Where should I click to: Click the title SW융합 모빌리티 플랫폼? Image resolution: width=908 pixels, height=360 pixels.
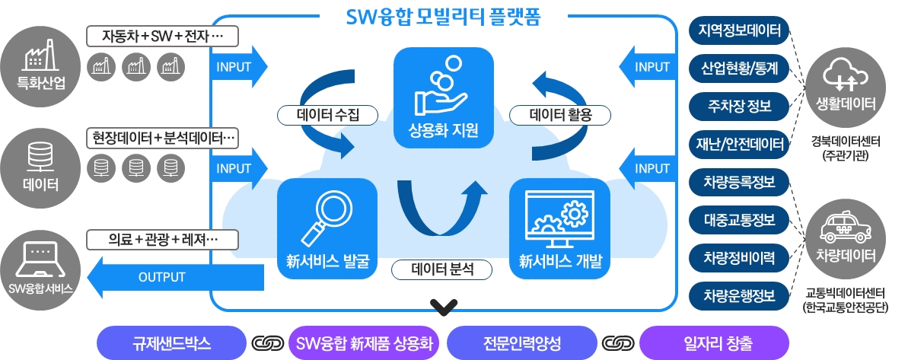(443, 16)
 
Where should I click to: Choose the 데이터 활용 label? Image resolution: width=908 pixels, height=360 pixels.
(559, 115)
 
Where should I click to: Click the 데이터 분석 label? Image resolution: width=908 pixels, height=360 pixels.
(442, 269)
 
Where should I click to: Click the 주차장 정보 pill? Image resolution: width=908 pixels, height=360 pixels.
(738, 106)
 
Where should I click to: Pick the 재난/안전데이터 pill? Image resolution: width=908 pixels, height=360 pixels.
(738, 142)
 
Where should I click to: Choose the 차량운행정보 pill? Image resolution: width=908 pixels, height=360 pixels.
(738, 295)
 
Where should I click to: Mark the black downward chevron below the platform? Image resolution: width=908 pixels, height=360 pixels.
(443, 307)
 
